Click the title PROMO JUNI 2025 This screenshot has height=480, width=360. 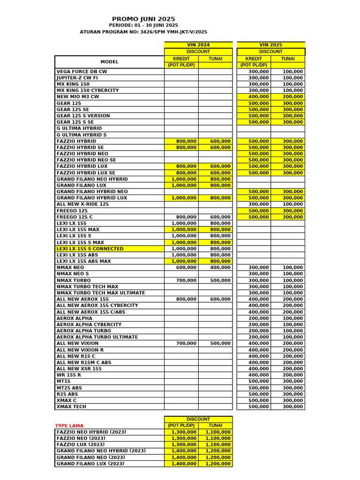(143, 19)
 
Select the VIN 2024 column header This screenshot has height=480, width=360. (198, 45)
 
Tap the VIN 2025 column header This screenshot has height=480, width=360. (271, 45)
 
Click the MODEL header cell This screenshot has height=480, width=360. (109, 62)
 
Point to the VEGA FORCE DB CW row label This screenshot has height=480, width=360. (82, 72)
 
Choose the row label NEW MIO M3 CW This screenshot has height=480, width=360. (78, 97)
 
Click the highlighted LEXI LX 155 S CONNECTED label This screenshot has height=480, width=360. (90, 249)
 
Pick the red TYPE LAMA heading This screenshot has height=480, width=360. (69, 426)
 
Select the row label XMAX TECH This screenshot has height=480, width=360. (71, 407)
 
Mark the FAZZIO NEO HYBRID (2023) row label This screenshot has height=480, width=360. (91, 432)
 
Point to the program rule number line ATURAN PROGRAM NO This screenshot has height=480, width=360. (143, 32)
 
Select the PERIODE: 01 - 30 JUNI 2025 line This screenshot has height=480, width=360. (143, 25)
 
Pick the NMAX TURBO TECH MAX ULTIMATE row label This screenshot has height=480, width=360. (101, 293)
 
